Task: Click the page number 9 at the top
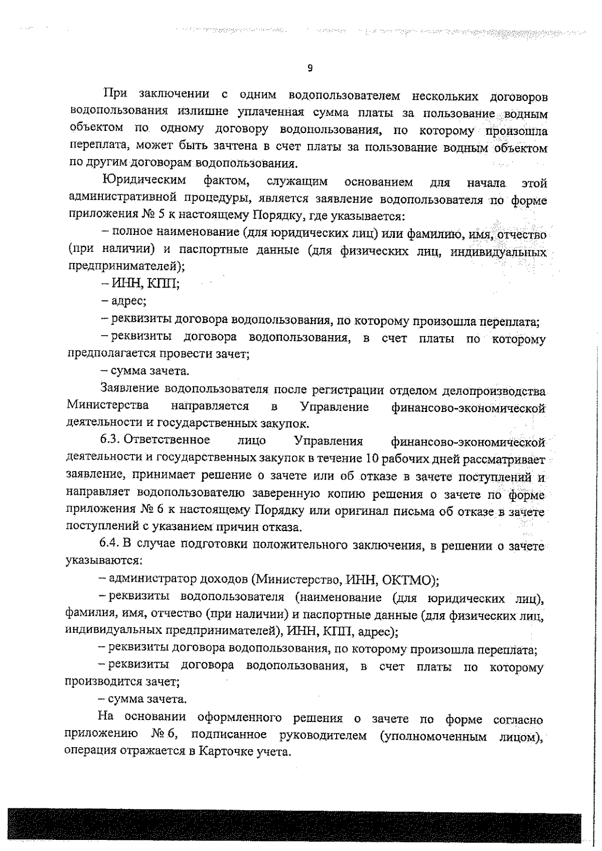pos(310,69)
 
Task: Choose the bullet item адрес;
pos(124,301)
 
